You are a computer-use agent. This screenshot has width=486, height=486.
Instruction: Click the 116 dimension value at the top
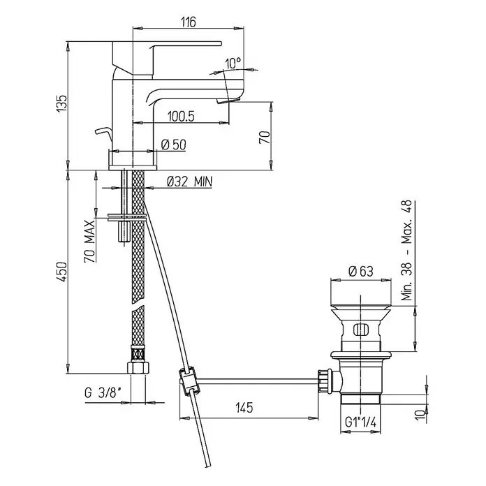click(x=189, y=22)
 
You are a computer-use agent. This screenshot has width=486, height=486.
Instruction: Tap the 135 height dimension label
click(x=62, y=103)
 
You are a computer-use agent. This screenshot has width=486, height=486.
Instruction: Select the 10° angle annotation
click(x=233, y=63)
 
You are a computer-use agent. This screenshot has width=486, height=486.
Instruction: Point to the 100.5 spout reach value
click(x=181, y=116)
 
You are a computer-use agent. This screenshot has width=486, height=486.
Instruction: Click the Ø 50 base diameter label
click(x=174, y=145)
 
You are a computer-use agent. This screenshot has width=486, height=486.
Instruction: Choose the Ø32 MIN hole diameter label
click(x=190, y=182)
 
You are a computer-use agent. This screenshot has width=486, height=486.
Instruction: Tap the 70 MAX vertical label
click(x=89, y=241)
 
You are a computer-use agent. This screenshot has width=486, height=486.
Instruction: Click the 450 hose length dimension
click(x=62, y=272)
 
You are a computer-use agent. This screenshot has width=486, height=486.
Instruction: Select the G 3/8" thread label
click(x=103, y=393)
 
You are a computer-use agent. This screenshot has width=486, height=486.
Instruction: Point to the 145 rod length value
click(x=244, y=407)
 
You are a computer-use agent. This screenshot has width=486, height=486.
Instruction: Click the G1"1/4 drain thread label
click(x=360, y=422)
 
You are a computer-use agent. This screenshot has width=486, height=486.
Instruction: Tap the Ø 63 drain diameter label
click(x=361, y=271)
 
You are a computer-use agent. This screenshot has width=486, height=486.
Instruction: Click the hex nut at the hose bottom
click(x=138, y=367)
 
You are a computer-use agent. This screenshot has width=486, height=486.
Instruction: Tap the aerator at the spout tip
click(x=229, y=101)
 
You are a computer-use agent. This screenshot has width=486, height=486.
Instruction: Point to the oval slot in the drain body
click(x=361, y=330)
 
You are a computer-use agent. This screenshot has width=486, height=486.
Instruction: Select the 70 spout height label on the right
click(x=265, y=137)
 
